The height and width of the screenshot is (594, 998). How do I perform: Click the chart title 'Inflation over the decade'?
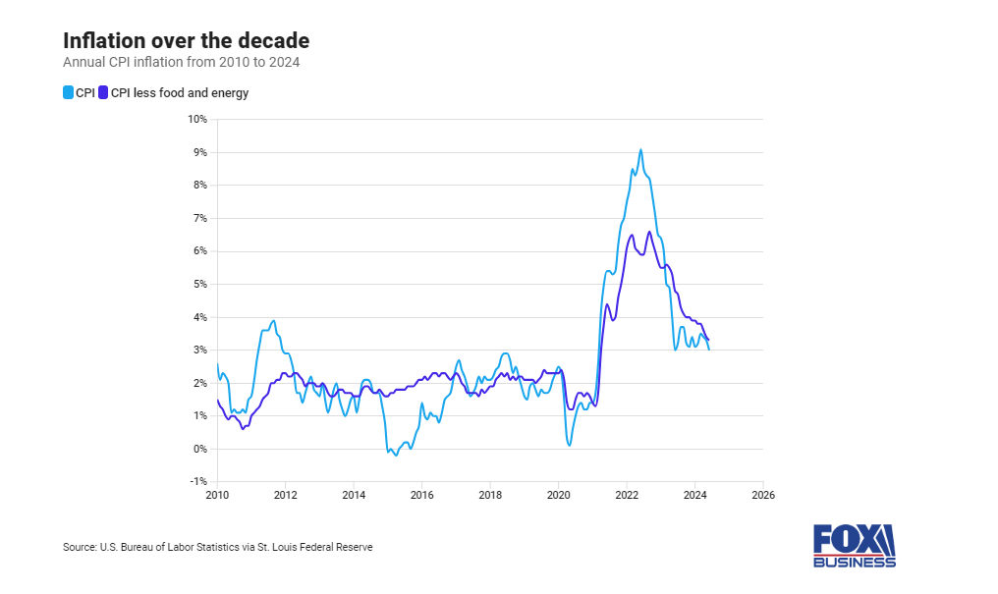coord(186,40)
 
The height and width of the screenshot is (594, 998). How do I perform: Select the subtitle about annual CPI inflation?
coord(181,62)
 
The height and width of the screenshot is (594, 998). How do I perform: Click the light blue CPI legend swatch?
coord(68,93)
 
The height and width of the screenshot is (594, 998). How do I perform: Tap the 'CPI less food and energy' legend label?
coord(179,93)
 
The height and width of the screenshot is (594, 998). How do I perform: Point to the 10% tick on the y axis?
coord(196,119)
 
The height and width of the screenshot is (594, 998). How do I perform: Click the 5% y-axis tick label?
coord(198,284)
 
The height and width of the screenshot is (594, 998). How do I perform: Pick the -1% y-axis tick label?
coord(197,482)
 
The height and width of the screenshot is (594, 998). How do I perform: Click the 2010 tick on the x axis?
coord(217,495)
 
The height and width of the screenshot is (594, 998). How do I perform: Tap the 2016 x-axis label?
coord(421,495)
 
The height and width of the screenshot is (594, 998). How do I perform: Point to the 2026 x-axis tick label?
coord(762,495)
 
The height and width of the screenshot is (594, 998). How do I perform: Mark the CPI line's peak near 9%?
coord(640,150)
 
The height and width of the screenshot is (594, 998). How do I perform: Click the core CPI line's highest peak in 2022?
coord(649,232)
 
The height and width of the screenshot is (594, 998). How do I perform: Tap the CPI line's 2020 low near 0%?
coord(569,445)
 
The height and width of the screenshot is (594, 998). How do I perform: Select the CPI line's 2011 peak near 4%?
coord(273,320)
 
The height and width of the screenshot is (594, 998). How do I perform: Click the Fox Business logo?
coord(854,546)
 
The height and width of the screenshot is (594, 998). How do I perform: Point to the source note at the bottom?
coord(217,547)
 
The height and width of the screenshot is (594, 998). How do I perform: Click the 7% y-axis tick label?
coord(198,218)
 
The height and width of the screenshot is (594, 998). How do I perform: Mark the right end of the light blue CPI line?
coord(709,349)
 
